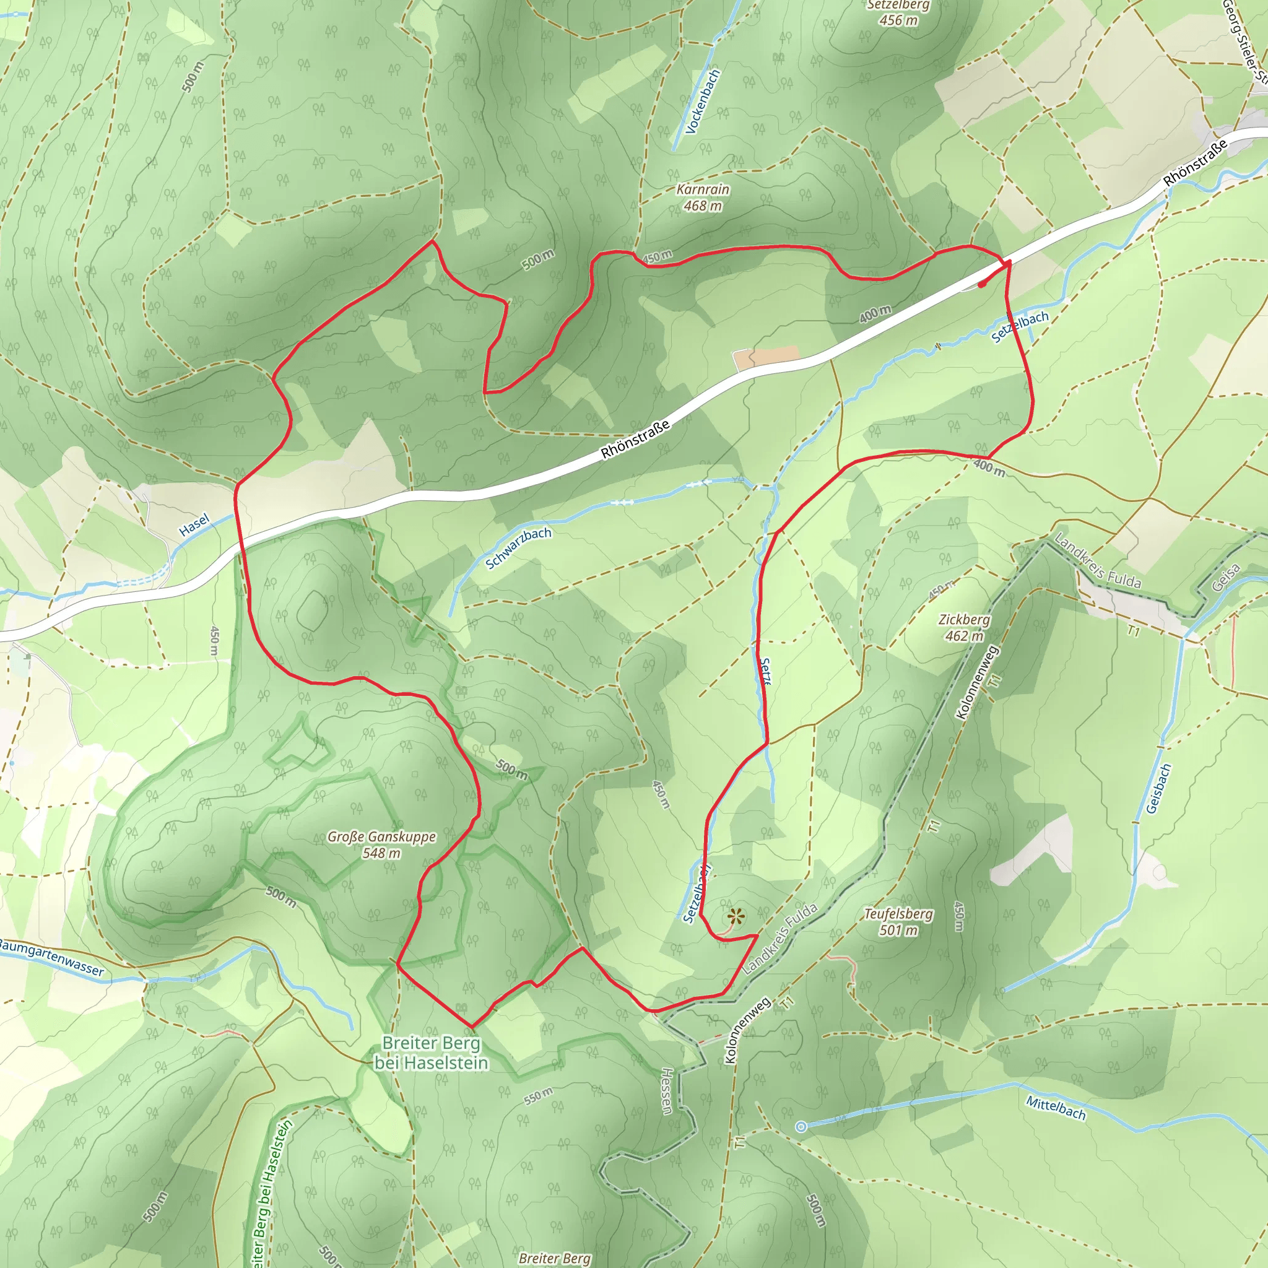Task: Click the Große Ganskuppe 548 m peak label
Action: [x=381, y=845]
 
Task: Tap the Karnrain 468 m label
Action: [x=702, y=198]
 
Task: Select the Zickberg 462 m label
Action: [x=963, y=627]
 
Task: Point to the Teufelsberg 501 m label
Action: [x=898, y=921]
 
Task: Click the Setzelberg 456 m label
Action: [x=898, y=12]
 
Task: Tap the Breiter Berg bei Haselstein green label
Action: [x=431, y=1053]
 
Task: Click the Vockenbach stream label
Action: [x=702, y=102]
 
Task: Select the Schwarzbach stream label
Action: [x=518, y=548]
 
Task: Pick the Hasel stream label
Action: [x=194, y=524]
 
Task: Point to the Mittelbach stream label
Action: [x=1056, y=1108]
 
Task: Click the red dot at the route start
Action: [x=981, y=285]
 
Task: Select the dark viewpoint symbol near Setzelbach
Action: [x=736, y=916]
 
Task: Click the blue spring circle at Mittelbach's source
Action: [x=801, y=1127]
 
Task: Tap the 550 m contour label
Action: [x=538, y=1096]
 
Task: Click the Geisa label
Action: [x=1225, y=578]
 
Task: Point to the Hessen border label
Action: [x=666, y=1091]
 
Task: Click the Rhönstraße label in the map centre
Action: [x=635, y=439]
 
